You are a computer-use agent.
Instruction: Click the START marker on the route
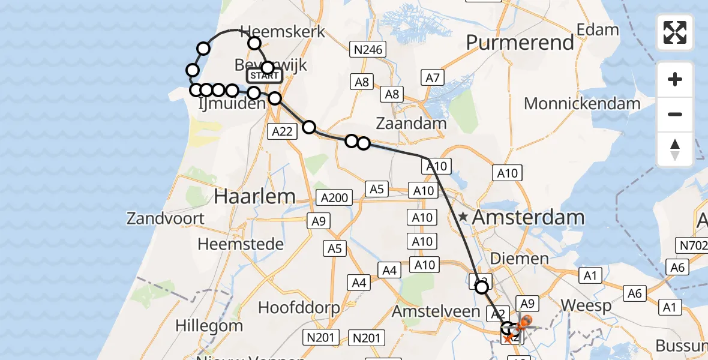pyautogui.click(x=265, y=76)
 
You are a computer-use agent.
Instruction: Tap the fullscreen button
pyautogui.click(x=675, y=32)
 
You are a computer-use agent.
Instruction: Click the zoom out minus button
pyautogui.click(x=675, y=114)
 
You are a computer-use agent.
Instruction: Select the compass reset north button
pyautogui.click(x=675, y=149)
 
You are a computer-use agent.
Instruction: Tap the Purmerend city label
pyautogui.click(x=520, y=43)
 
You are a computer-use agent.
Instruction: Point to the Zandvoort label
pyautogui.click(x=166, y=218)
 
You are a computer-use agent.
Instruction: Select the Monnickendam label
pyautogui.click(x=582, y=104)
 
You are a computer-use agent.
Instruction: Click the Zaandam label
pyautogui.click(x=411, y=124)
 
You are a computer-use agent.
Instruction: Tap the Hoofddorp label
pyautogui.click(x=299, y=308)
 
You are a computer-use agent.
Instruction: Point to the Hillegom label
pyautogui.click(x=209, y=326)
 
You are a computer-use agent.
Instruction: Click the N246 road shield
pyautogui.click(x=368, y=50)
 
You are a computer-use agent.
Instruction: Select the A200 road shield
pyautogui.click(x=334, y=198)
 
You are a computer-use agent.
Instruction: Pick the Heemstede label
pyautogui.click(x=241, y=244)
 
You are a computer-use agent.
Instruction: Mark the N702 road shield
pyautogui.click(x=692, y=245)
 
